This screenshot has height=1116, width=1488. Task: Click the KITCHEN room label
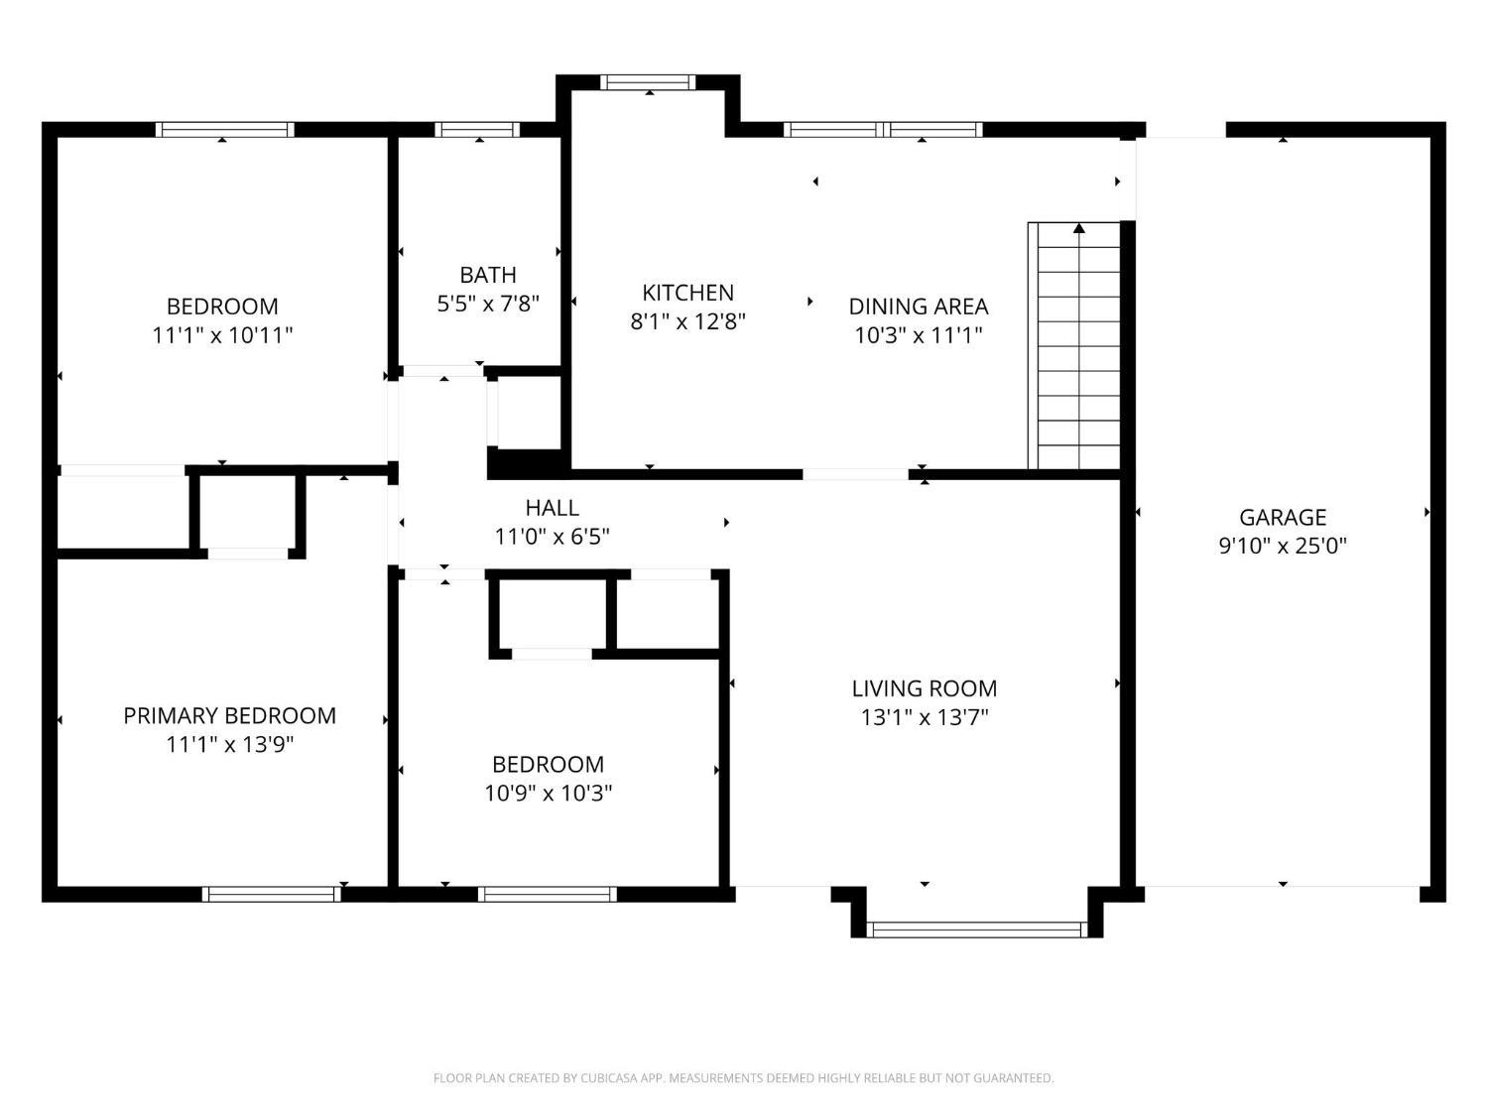(x=687, y=293)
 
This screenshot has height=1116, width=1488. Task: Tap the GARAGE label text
(x=1282, y=518)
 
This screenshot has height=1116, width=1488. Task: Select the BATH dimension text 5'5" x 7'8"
(x=487, y=304)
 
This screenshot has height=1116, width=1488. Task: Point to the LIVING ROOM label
(x=924, y=688)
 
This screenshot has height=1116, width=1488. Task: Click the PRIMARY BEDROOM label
(x=229, y=715)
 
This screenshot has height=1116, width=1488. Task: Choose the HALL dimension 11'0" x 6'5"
(x=552, y=537)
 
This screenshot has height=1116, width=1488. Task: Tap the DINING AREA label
(x=918, y=307)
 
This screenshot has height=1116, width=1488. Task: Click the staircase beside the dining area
(x=1073, y=345)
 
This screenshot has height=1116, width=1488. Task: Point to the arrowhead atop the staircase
(x=1079, y=228)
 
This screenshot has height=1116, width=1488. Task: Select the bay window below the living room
(x=977, y=929)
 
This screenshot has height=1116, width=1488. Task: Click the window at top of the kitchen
(x=648, y=82)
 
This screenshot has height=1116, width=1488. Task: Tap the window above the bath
(x=477, y=129)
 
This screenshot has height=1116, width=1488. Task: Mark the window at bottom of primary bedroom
(x=271, y=895)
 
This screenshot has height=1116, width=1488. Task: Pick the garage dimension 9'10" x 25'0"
(x=1282, y=547)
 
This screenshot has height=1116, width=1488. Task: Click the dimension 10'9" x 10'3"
(x=548, y=793)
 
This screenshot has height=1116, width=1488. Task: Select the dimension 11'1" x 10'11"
(x=222, y=335)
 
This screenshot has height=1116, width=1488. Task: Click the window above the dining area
(x=883, y=129)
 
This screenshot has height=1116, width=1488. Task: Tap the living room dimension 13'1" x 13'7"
(x=924, y=717)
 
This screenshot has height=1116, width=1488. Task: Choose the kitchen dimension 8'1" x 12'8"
(x=687, y=321)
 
